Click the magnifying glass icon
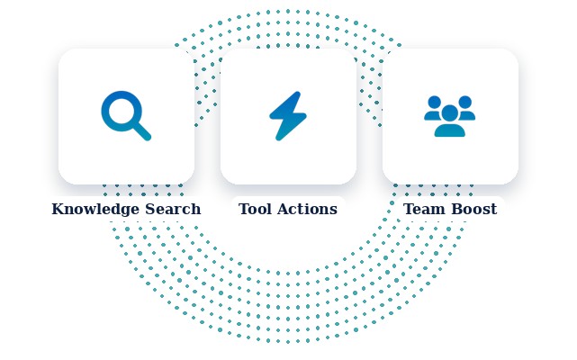[x=126, y=115]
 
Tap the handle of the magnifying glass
[x=142, y=131]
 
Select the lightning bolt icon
[x=288, y=115]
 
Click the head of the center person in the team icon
[x=450, y=113]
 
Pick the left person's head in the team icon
[x=435, y=102]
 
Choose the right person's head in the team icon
[x=464, y=102]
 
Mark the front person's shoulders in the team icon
[x=450, y=130]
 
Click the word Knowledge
[x=95, y=210]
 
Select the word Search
[x=173, y=209]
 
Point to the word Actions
[x=309, y=209]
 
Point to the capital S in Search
[x=150, y=209]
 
